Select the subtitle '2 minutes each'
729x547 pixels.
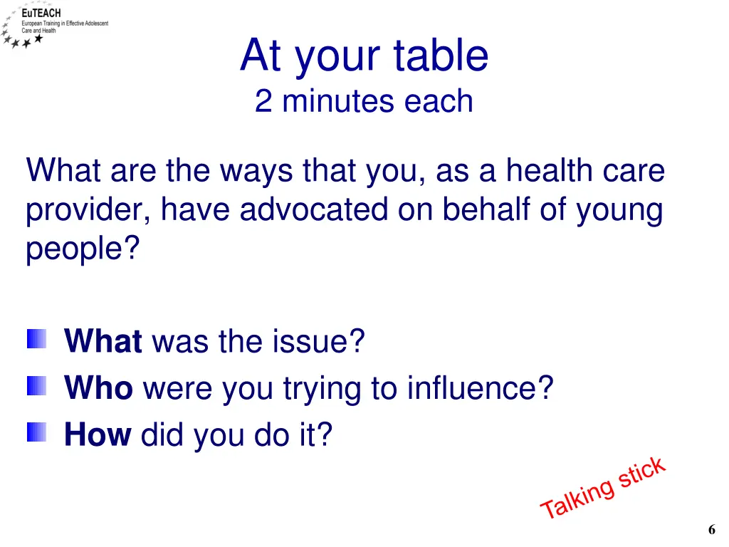pos(364,101)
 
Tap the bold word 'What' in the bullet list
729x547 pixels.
pos(103,341)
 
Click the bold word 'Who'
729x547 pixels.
pos(98,388)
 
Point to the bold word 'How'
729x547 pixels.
pos(98,434)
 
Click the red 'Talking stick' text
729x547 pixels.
pos(603,488)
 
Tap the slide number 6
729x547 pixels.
pos(711,529)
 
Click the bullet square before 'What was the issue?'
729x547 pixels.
pos(37,339)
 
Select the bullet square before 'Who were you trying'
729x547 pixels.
pos(37,387)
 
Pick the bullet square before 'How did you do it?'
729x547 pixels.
pos(37,432)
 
